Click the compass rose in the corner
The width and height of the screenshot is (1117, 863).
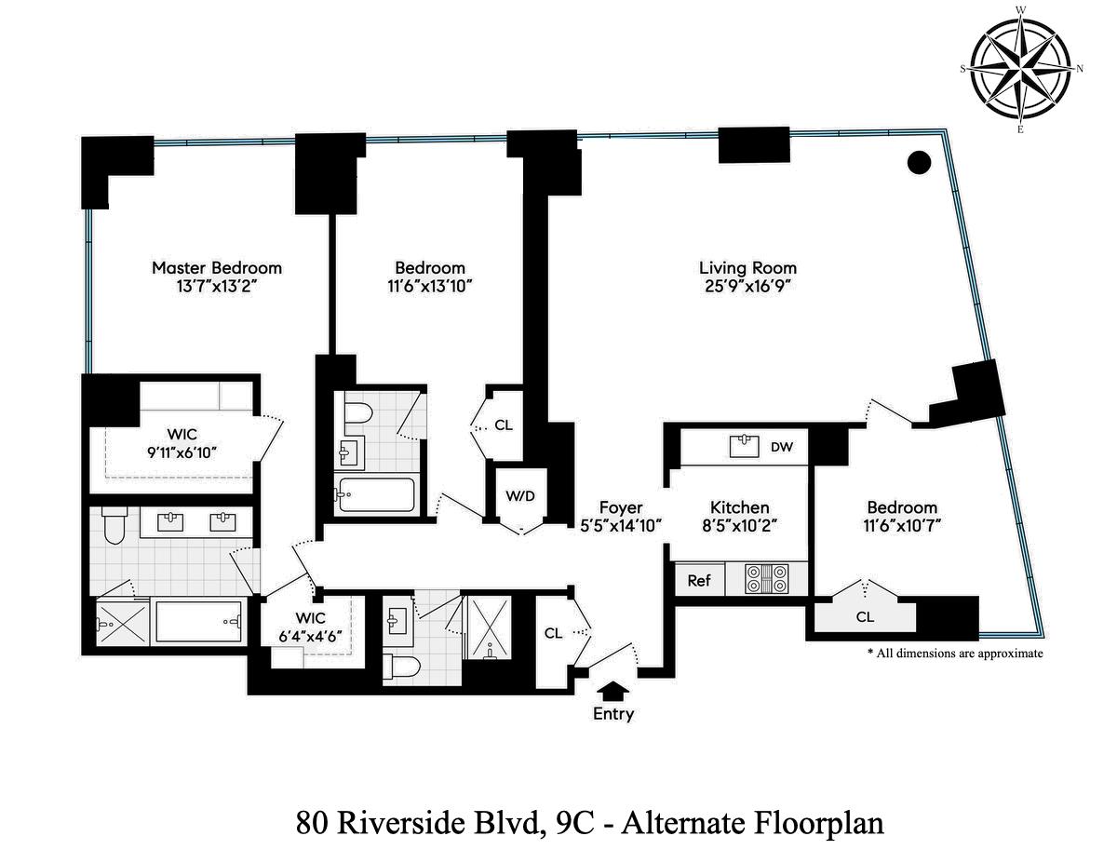(x=1020, y=69)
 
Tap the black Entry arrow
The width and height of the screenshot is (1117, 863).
(x=613, y=691)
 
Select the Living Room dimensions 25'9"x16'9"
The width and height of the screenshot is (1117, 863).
(x=747, y=287)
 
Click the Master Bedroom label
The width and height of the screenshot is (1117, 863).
(x=216, y=268)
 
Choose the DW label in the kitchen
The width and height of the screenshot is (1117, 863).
(x=782, y=447)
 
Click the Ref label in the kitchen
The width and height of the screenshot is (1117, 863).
(x=698, y=580)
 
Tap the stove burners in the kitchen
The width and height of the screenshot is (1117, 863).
(x=767, y=579)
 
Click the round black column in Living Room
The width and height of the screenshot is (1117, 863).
(x=919, y=163)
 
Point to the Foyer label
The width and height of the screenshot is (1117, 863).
(x=620, y=507)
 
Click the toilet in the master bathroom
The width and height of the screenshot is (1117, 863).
(x=112, y=527)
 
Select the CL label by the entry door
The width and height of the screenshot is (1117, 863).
(x=553, y=633)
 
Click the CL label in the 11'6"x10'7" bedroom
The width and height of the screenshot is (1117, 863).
(x=865, y=616)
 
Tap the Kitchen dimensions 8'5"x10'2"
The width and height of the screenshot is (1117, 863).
(x=739, y=525)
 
